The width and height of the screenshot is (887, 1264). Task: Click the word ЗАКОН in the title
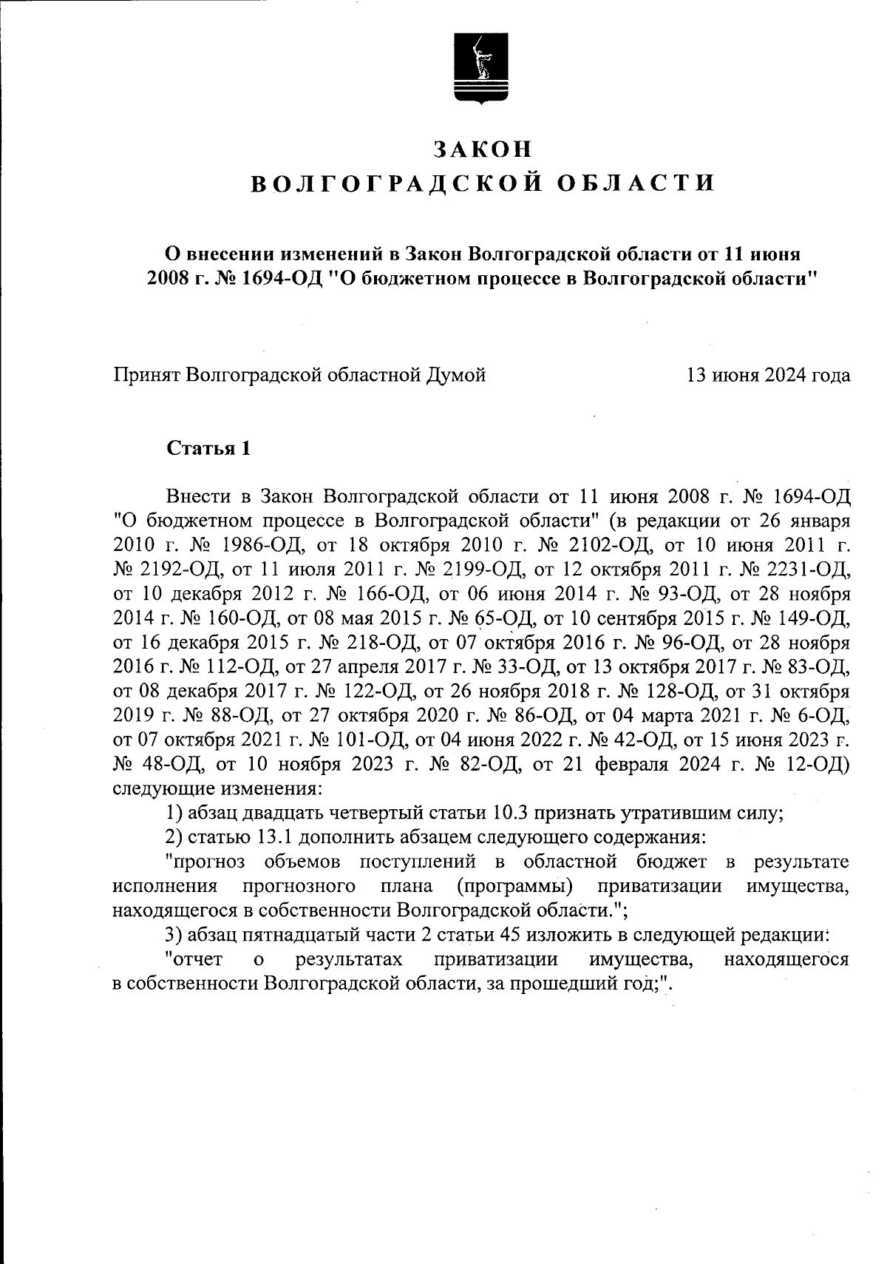point(483,149)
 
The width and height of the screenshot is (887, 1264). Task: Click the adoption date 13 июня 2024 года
point(768,376)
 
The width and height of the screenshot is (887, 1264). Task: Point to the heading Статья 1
point(209,448)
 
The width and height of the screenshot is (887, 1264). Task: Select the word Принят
point(145,376)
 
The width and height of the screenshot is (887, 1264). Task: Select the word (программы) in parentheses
point(515,886)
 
